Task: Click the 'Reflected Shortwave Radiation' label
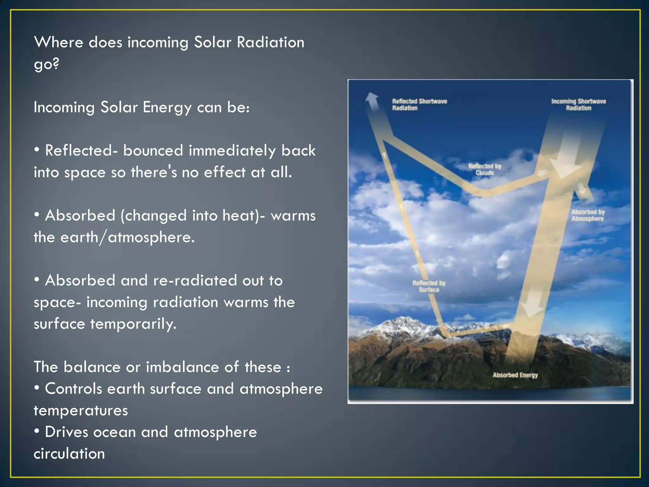click(x=419, y=105)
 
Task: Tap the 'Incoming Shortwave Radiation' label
click(x=578, y=105)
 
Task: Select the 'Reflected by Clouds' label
click(x=485, y=169)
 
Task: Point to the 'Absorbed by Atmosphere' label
click(x=588, y=215)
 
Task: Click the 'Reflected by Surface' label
click(x=429, y=286)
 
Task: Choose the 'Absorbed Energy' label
click(x=515, y=375)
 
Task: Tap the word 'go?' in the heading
click(x=46, y=64)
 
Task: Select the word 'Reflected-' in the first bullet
click(x=81, y=151)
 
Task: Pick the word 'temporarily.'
click(x=133, y=324)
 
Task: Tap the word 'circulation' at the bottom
click(x=69, y=454)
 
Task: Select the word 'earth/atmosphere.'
click(x=127, y=237)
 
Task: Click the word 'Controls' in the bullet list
click(x=73, y=389)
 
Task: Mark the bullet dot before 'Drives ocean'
click(x=37, y=432)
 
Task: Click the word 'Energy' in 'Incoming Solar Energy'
click(x=167, y=107)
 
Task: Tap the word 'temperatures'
click(x=81, y=411)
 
